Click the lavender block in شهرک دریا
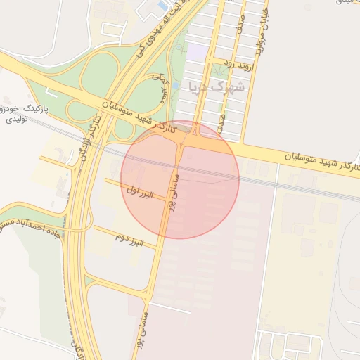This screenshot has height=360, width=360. pyautogui.click(x=197, y=52)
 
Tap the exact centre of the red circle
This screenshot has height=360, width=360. pyautogui.click(x=180, y=179)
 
